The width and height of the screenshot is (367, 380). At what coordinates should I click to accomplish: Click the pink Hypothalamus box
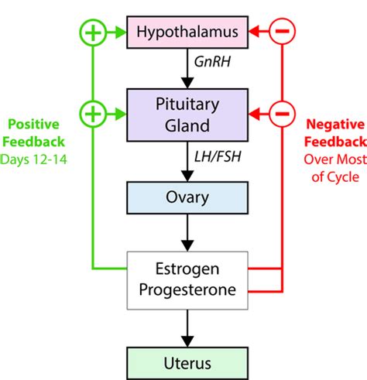coord(187,32)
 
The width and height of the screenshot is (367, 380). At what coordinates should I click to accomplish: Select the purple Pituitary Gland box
coord(187,115)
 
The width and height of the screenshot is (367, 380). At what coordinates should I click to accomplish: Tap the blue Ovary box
coord(187,197)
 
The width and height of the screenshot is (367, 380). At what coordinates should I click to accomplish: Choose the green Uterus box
coord(187,363)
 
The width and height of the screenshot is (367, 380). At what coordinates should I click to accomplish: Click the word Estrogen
coord(187,269)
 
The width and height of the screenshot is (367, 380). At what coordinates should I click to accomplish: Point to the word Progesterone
coord(187,290)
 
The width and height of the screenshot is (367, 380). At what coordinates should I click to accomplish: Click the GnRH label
coord(212,62)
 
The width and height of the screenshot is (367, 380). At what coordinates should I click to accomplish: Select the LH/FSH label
coord(218,156)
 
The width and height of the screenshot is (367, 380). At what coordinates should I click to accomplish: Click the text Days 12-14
coord(33,159)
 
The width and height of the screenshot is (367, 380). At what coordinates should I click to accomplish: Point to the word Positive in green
coord(33,125)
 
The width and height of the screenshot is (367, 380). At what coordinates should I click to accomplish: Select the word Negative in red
coord(335,125)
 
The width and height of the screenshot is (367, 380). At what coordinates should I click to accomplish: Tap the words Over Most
coord(335,159)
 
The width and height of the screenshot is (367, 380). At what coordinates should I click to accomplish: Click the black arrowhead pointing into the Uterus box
coord(187,341)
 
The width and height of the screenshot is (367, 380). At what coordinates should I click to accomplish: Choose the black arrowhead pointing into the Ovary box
coord(187,176)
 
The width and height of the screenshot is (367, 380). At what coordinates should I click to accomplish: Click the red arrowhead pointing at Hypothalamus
coord(254,32)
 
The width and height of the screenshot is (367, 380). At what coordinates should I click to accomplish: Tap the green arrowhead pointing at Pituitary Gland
coord(121,114)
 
